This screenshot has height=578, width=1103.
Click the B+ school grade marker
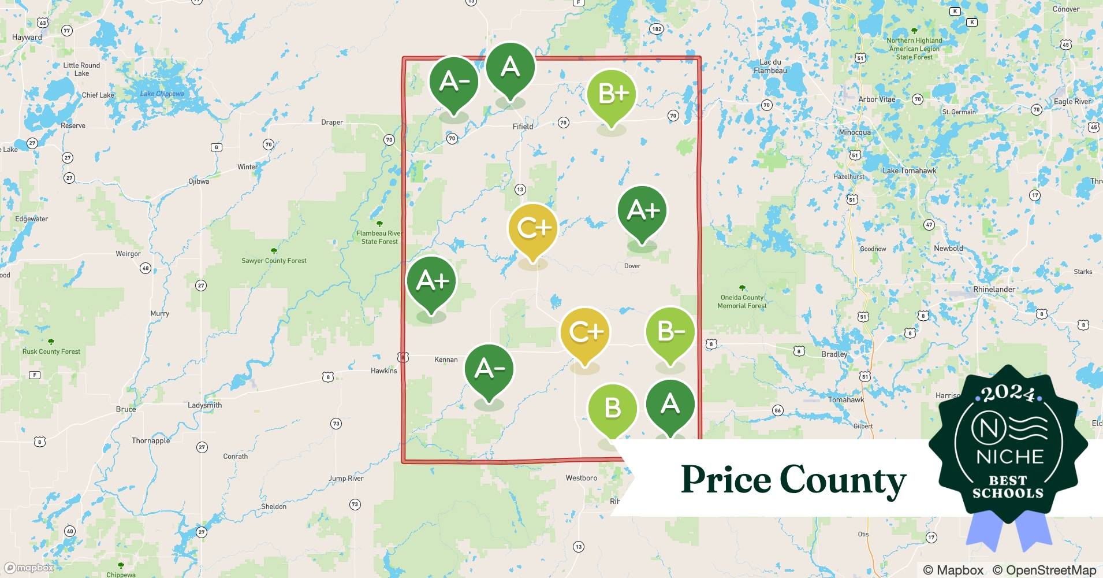coord(611,94)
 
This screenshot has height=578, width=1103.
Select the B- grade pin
coord(670,332)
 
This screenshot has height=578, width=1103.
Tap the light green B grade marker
coord(612,408)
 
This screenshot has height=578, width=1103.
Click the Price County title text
coord(793,480)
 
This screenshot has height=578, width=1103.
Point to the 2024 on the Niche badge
coord(1008,393)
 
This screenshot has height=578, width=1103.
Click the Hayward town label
coord(27,37)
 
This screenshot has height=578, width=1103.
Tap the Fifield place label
coord(523,127)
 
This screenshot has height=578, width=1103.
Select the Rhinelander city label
coord(994,289)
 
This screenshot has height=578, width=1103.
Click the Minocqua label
coord(854,132)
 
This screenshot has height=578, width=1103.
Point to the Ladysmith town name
coord(204,405)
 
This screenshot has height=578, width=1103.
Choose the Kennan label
coord(445,360)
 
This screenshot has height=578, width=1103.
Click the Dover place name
coord(632,266)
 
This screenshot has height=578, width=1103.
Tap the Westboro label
coord(581,478)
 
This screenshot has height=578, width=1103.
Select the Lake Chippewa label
coord(162,94)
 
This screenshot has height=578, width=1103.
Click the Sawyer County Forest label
coord(274,261)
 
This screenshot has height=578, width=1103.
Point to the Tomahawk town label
coord(845,399)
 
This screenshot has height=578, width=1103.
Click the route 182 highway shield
coord(656,29)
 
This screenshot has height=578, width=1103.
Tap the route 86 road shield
coord(777,410)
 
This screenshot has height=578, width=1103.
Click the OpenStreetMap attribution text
coord(1044,570)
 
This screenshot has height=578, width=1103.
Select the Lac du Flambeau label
coord(770,66)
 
